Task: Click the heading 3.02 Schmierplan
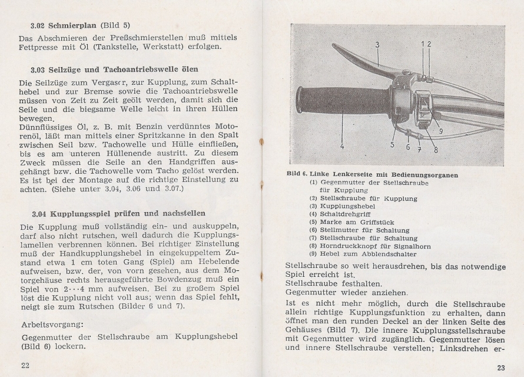80,25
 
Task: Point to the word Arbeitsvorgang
51,324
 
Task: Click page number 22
25,366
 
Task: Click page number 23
500,368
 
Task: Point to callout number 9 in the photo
441,131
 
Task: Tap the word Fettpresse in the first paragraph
42,47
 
